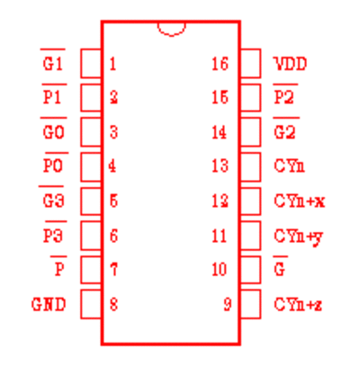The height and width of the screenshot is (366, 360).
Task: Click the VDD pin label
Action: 290,64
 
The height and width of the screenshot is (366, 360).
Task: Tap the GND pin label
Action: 49,305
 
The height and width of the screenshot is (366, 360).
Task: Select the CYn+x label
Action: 299,201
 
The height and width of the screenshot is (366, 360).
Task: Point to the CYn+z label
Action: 298,305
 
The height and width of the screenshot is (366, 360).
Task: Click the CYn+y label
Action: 298,237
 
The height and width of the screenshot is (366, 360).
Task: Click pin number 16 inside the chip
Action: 220,64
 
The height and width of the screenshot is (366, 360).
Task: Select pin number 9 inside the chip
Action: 228,304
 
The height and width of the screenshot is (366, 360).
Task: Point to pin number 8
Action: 113,304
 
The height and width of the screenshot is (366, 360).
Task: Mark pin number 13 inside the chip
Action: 220,165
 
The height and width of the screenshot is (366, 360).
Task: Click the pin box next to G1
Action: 91,64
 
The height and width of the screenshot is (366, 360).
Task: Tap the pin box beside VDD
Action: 250,64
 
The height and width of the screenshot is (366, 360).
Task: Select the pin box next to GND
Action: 91,304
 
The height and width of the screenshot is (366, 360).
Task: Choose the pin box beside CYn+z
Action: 250,304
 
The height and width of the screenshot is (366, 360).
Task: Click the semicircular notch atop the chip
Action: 172,35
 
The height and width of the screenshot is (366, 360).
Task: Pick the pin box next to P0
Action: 91,167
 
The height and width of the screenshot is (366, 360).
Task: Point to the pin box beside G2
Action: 250,132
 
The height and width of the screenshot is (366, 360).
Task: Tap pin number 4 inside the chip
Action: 112,165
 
